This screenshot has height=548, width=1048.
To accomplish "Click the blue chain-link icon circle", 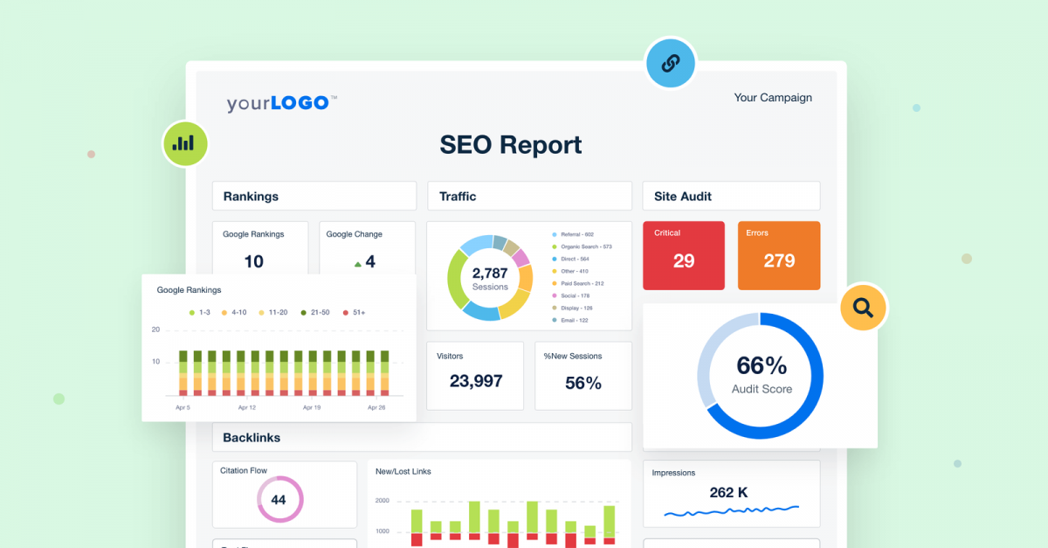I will (x=670, y=63).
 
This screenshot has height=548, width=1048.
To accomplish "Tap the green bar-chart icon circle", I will (x=184, y=142).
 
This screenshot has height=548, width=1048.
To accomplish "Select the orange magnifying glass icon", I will (x=863, y=307).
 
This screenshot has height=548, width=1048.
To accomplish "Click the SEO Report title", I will (x=511, y=144).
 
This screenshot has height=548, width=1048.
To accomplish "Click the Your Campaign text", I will (x=773, y=98).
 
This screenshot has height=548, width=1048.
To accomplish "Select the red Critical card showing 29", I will (x=684, y=255).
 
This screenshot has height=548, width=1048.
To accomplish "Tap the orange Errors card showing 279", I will (x=779, y=255).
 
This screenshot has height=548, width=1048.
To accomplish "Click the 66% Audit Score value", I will (x=762, y=365).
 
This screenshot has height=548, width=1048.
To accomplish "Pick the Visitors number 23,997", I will (x=476, y=381).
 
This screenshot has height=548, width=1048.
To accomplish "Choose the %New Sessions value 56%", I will (x=583, y=382).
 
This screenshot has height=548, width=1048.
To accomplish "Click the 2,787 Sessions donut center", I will (x=490, y=278).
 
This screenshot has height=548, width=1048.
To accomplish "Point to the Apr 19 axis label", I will (x=313, y=408).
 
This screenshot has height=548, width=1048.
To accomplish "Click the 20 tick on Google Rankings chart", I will (x=155, y=329).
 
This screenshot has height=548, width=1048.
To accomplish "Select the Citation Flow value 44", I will (x=279, y=500).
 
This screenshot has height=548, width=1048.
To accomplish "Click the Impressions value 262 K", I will (x=728, y=493).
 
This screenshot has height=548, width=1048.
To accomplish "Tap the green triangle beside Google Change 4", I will (x=357, y=262).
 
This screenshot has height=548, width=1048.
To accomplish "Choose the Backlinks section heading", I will (x=252, y=437).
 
